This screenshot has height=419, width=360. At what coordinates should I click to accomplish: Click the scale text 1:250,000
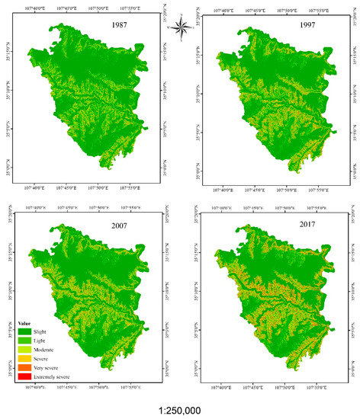click(181, 409)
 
